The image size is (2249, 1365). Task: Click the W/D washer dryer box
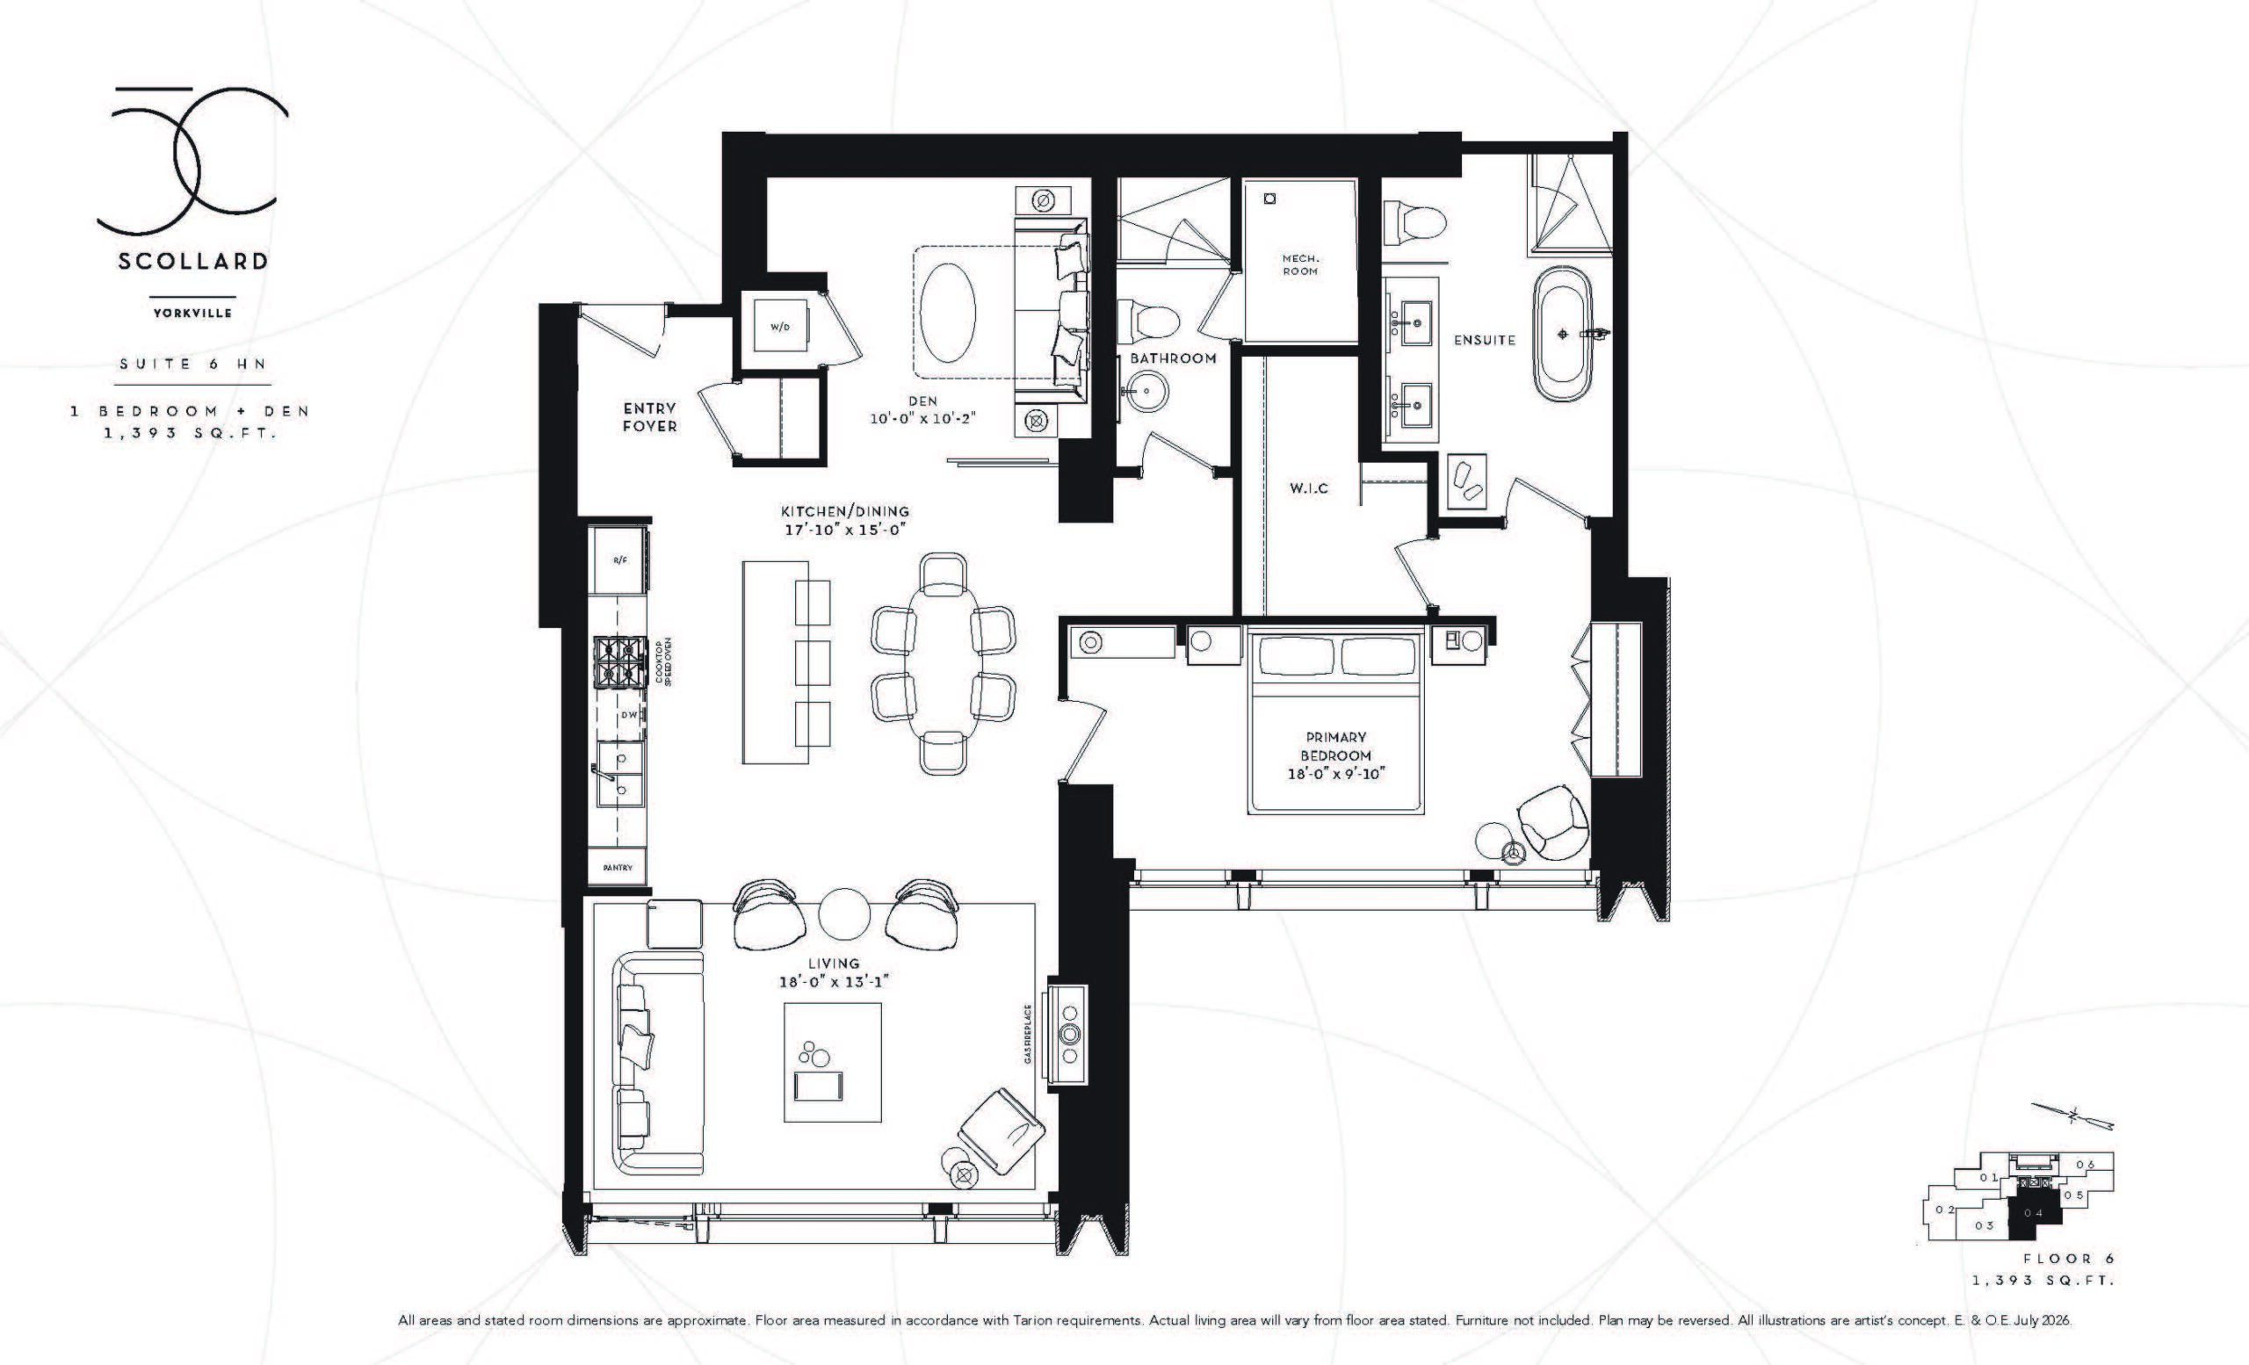(781, 326)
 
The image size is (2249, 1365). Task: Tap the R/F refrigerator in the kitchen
(619, 560)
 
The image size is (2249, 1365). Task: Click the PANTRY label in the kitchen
(618, 867)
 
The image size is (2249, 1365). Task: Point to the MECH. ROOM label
(1299, 264)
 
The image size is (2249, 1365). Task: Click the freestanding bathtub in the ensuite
(1561, 333)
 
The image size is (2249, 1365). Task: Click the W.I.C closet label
(1308, 488)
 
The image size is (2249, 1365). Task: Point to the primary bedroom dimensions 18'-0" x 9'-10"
(1336, 775)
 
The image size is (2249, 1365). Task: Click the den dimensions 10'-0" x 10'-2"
(922, 418)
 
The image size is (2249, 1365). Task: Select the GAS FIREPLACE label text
(1028, 1034)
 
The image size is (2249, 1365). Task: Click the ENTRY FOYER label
(650, 417)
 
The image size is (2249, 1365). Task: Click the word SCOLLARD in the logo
(192, 261)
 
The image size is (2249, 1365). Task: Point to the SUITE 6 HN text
(192, 363)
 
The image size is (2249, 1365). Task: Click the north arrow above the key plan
(2071, 1140)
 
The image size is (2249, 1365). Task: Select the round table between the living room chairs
(845, 914)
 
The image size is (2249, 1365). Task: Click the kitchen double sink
(618, 774)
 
